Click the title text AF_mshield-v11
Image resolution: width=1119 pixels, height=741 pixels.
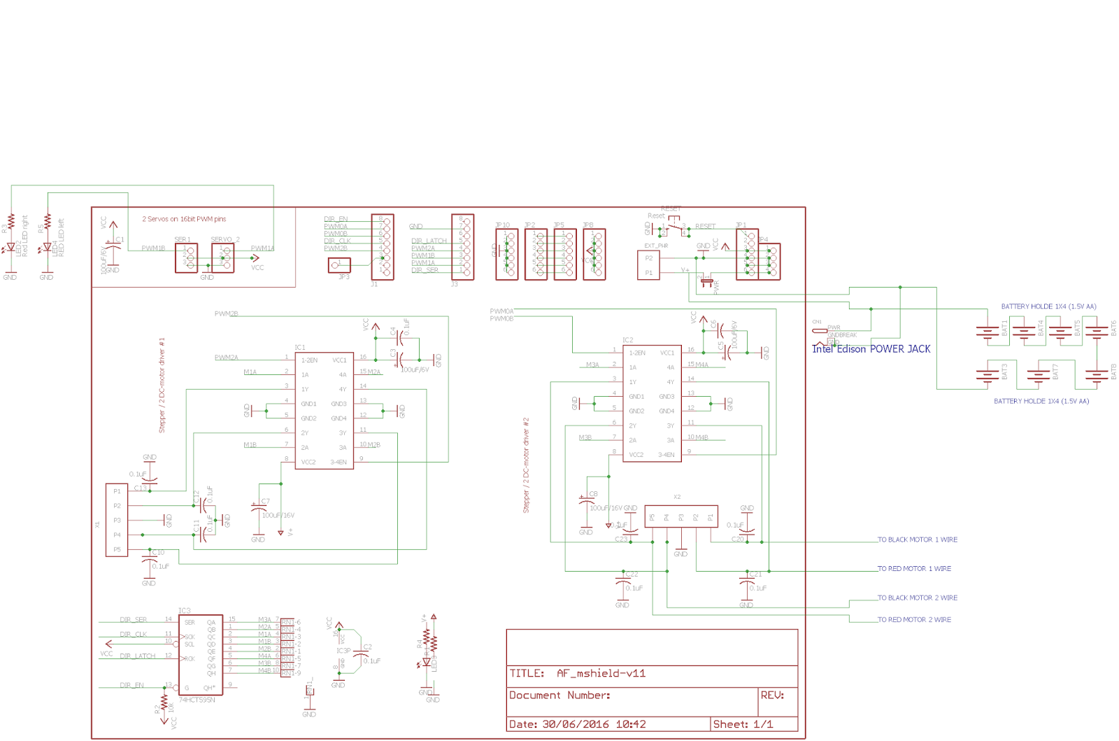[x=601, y=674]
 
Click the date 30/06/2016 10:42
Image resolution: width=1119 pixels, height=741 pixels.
[x=594, y=724]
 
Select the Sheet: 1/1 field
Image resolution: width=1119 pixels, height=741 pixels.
[x=743, y=724]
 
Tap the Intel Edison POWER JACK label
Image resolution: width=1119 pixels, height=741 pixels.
[x=871, y=349]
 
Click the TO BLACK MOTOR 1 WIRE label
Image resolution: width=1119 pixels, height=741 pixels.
[x=917, y=540]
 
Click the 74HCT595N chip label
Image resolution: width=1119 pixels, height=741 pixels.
[x=197, y=700]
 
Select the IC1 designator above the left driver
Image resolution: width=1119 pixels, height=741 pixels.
[x=299, y=348]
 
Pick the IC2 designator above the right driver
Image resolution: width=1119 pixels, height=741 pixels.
[x=627, y=340]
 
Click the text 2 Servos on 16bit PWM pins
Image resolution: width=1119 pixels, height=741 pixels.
[x=184, y=219]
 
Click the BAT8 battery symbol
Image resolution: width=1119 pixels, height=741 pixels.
[x=1096, y=375]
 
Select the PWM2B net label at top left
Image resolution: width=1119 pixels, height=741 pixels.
[x=226, y=314]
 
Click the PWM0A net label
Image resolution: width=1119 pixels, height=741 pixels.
[x=501, y=311]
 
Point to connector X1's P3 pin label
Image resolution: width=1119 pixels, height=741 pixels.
[x=117, y=521]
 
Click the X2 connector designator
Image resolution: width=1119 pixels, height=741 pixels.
[x=676, y=497]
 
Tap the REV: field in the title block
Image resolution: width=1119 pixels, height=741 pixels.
[x=772, y=696]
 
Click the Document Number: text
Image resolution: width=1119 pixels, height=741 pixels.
[x=559, y=696]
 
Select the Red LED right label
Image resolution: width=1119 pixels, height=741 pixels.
[x=25, y=236]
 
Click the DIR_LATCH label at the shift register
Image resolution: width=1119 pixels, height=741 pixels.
[x=137, y=656]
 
